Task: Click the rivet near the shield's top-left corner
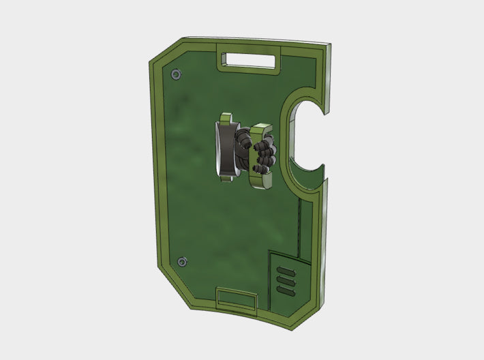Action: [177, 74]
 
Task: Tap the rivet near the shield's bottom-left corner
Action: [181, 262]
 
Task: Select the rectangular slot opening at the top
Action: [248, 61]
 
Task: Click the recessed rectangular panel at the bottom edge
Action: [237, 299]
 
